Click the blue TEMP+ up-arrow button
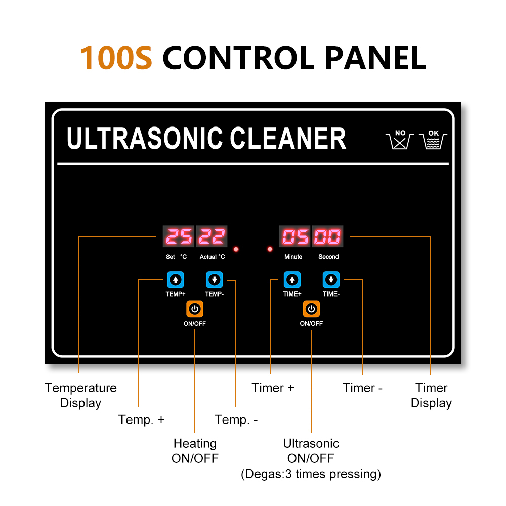click(175, 280)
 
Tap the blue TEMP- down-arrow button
click(214, 280)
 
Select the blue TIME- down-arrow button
click(331, 280)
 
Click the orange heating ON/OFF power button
click(195, 309)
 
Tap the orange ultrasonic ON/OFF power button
click(311, 309)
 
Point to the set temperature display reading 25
click(179, 236)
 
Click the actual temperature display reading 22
click(212, 236)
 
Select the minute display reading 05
click(294, 236)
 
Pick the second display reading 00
click(327, 236)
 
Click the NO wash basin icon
click(400, 140)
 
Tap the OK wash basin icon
click(433, 140)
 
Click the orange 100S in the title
click(116, 58)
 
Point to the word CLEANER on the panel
click(287, 138)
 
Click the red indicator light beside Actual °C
click(236, 249)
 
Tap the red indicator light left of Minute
click(270, 249)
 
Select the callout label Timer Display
click(431, 395)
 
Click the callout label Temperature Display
click(80, 395)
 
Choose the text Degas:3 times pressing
click(311, 474)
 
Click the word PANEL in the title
click(375, 58)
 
